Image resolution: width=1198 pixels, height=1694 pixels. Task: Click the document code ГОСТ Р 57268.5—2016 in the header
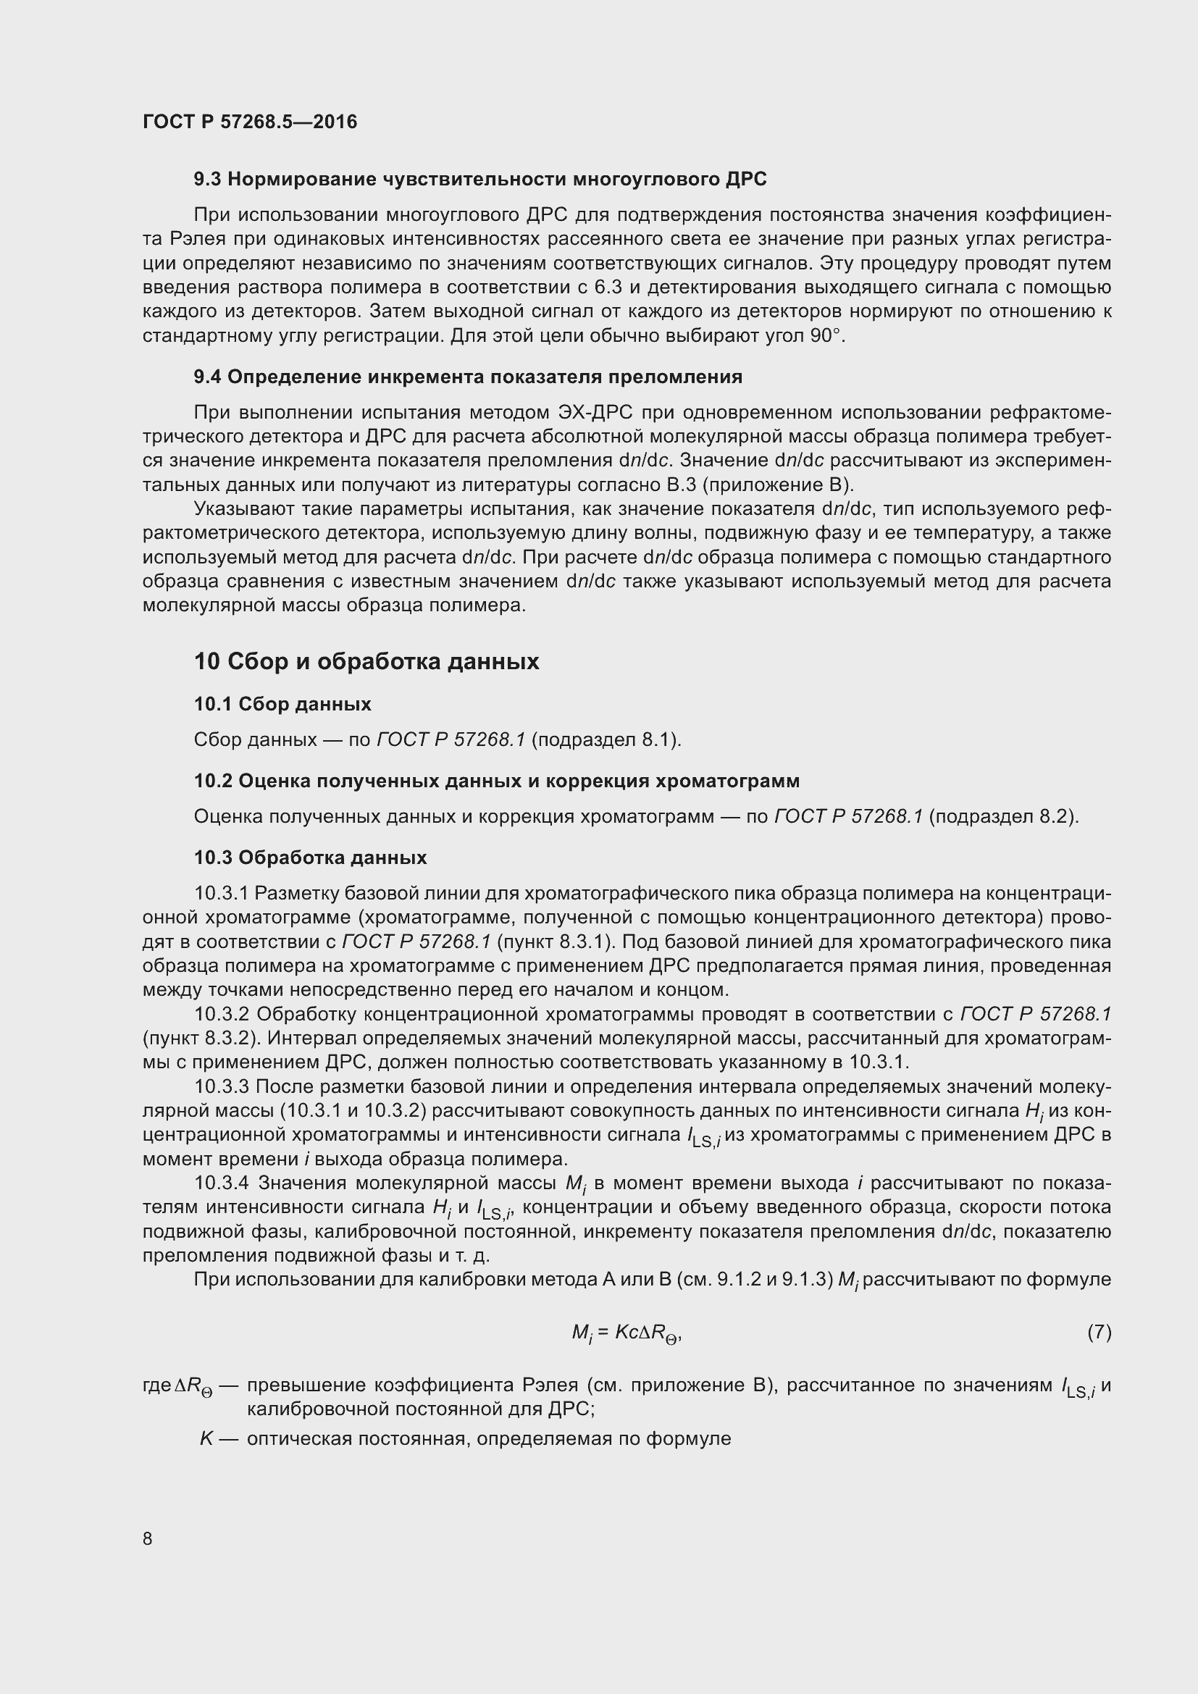click(249, 122)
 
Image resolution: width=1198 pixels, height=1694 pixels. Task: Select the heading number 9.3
click(207, 180)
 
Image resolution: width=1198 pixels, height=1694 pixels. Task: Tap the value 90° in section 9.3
click(825, 336)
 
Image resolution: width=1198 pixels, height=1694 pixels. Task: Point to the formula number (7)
click(1099, 1332)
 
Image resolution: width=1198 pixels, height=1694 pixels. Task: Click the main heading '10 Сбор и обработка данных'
click(366, 661)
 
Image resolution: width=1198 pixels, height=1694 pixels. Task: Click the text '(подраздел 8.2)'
click(1003, 817)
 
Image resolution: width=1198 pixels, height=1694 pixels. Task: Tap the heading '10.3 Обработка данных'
click(310, 858)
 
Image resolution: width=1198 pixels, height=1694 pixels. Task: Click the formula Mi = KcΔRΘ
click(627, 1333)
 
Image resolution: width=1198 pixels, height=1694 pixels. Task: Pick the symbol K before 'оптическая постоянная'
click(206, 1439)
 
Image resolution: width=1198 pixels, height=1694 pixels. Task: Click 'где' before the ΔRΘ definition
click(156, 1385)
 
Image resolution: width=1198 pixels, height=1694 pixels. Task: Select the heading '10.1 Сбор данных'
click(282, 704)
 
